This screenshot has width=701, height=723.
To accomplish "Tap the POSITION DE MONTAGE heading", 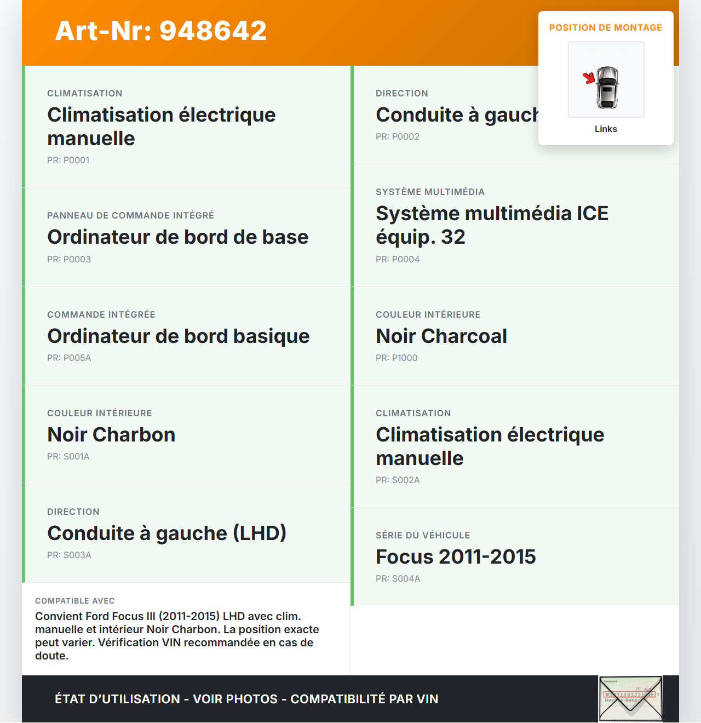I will coord(605,27).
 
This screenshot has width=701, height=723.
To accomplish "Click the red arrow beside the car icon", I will coord(589,78).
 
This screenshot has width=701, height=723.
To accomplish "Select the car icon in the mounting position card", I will coord(607,87).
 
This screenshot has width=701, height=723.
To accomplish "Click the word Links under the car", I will coord(606,129).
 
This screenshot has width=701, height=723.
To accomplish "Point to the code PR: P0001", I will coord(68,160).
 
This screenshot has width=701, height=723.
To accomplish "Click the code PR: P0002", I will coord(397,136).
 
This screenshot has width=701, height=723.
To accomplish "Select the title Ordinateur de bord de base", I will coord(177,237).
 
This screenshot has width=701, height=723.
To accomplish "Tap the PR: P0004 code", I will coord(397,259).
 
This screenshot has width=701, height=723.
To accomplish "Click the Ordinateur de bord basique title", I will coord(178,336).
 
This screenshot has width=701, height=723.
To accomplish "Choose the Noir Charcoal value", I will coord(441,336).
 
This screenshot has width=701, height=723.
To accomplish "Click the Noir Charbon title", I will coord(111,434).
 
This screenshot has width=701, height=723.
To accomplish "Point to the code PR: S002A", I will coord(398,480).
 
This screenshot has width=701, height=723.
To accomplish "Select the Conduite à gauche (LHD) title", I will coord(166,533).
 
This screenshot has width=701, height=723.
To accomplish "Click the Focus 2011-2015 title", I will coord(455,556).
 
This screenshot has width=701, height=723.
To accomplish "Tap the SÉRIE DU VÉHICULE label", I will coord(422,535).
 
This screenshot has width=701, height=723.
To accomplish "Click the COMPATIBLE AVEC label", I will coord(74,601).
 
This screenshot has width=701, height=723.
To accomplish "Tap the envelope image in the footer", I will coord(630,698).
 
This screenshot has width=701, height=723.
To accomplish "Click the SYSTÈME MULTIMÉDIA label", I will coord(430,192).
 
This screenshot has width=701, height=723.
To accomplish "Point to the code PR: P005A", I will coord(69,358).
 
